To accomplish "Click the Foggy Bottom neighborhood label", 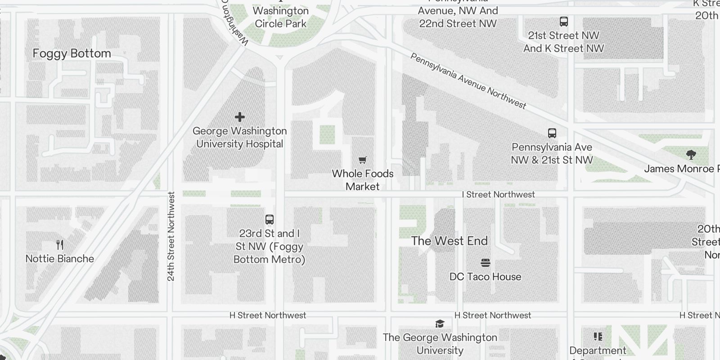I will [72, 54].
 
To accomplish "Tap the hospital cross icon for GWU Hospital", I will [240, 117].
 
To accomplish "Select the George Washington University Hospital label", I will [239, 137].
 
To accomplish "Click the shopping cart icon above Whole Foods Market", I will [363, 160].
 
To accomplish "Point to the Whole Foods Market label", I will [363, 180].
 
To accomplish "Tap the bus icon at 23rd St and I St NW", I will [270, 220].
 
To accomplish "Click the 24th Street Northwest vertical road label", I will [171, 236].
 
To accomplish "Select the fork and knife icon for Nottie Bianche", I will [60, 245].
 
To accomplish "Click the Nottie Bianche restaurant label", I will [60, 259].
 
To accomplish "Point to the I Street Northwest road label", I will [499, 194].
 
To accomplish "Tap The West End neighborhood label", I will [449, 241].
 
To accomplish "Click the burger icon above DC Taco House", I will [485, 263].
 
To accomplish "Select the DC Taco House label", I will [485, 277].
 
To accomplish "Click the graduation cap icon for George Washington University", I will [440, 324].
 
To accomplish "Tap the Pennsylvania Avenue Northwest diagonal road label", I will [468, 81].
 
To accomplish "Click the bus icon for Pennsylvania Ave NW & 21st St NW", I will [552, 133].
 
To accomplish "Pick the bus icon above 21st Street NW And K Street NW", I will [564, 22].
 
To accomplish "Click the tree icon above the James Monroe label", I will [691, 155].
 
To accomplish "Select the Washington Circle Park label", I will [280, 17].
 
